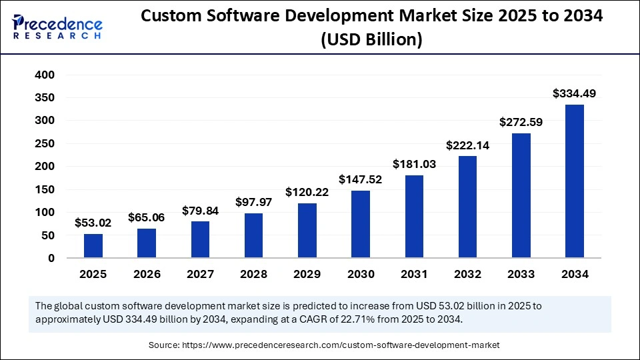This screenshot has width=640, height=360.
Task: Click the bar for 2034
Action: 574,181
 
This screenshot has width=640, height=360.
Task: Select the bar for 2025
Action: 93,246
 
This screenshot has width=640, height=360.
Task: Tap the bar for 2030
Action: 361,224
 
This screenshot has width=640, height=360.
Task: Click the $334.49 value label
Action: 574,94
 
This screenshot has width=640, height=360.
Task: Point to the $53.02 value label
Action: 93,223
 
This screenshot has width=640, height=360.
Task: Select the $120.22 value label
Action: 307,192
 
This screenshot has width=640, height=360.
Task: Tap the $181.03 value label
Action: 414,164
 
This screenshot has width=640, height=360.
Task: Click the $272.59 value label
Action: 521,122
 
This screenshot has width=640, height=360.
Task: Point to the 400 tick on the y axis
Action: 45,75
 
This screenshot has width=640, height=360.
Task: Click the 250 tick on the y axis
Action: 45,144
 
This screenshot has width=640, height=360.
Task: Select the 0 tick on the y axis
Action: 51,258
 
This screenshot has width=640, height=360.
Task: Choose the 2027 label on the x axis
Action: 200,274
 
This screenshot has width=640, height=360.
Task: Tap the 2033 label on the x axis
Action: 521,274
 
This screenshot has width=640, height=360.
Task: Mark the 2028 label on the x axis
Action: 253,274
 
